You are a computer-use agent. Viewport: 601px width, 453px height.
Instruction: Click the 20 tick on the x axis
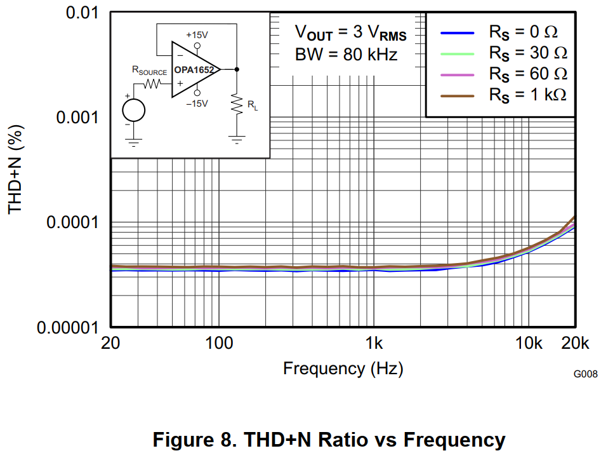(111, 344)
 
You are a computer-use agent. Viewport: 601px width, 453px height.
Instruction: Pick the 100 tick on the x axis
(219, 344)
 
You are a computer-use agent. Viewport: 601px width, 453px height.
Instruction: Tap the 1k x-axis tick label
(374, 344)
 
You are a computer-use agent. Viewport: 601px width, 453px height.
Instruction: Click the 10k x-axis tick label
(529, 344)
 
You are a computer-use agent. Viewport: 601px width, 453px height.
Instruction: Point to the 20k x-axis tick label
(575, 344)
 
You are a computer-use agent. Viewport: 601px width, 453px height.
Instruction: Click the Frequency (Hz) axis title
(343, 368)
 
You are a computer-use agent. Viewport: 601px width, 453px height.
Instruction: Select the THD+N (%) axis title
(17, 170)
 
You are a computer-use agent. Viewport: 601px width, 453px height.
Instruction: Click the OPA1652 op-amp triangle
(194, 69)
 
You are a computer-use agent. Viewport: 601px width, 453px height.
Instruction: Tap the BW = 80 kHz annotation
(346, 54)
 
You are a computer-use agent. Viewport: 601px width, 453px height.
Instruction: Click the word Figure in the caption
(184, 439)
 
